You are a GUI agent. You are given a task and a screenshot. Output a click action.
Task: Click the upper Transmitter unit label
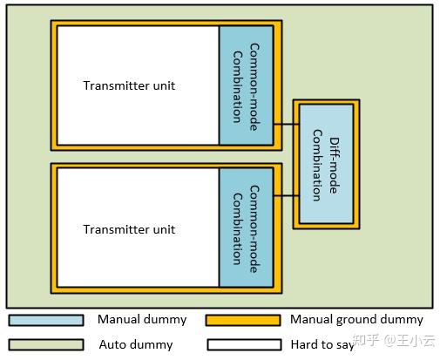coord(129,85)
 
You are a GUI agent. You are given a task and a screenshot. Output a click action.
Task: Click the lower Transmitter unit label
coord(129,229)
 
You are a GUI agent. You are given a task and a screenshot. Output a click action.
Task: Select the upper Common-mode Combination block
coord(246,85)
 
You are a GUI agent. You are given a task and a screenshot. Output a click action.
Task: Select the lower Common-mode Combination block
coord(246,227)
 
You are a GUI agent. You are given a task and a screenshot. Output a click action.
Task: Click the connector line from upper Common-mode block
coord(285,125)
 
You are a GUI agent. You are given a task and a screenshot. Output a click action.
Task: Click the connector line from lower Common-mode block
coord(285,196)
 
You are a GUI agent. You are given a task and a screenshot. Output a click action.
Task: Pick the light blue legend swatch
coord(46,320)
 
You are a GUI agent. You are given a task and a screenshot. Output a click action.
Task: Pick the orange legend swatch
coord(243,320)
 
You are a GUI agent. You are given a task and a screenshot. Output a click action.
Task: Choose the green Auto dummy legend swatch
coord(46,344)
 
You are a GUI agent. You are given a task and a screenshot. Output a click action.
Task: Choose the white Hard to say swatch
coord(243,344)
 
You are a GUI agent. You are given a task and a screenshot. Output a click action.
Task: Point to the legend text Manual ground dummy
coord(356,320)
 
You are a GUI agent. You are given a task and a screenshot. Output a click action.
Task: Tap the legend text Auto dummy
coord(135,344)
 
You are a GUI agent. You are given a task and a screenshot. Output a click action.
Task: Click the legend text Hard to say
coord(322,344)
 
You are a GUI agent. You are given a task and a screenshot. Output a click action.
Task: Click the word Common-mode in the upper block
coord(254,85)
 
